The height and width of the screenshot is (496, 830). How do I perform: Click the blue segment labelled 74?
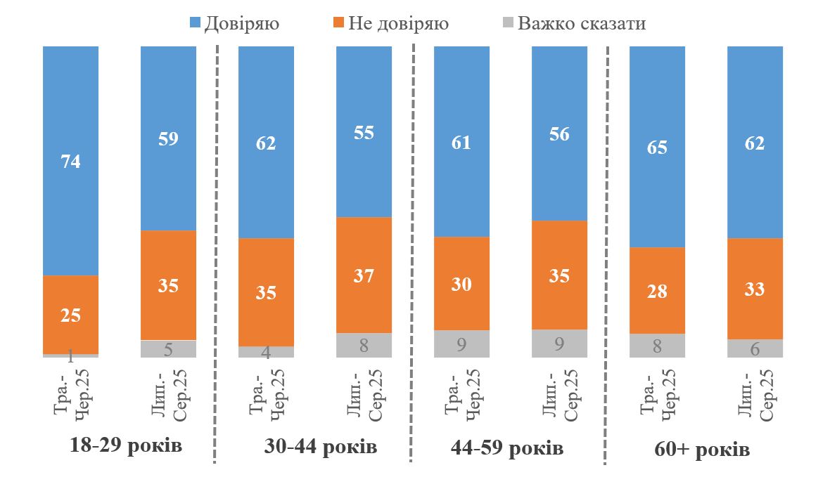[70, 161]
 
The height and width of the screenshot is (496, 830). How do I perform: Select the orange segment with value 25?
[70, 315]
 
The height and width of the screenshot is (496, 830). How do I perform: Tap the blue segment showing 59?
[168, 138]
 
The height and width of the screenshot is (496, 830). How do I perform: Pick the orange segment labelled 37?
[364, 275]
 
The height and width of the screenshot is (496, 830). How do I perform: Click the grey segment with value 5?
[168, 349]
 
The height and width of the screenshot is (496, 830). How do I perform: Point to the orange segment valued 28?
[657, 290]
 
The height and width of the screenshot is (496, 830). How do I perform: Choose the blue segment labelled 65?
[657, 147]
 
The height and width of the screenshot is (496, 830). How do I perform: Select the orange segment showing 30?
[461, 283]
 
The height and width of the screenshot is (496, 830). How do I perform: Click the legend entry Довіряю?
[235, 24]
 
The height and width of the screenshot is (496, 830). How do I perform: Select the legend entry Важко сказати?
[573, 24]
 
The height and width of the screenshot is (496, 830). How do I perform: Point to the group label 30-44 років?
[321, 447]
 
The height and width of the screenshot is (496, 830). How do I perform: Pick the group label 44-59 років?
[506, 448]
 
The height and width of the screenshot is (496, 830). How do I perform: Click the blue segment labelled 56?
[559, 133]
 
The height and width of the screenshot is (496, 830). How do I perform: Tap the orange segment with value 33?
[755, 289]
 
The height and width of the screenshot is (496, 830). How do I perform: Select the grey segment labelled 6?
[755, 348]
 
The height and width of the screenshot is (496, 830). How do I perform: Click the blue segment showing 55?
[364, 131]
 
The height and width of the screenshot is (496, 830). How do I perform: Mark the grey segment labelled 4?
[266, 352]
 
